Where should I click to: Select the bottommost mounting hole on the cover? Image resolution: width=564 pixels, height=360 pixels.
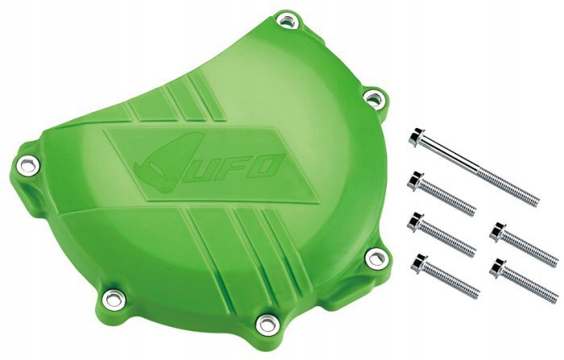(x=262, y=325)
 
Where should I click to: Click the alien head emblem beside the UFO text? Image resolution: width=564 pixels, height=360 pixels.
(x=155, y=164)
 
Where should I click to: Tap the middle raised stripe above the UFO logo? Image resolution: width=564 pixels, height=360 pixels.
(x=184, y=105)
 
